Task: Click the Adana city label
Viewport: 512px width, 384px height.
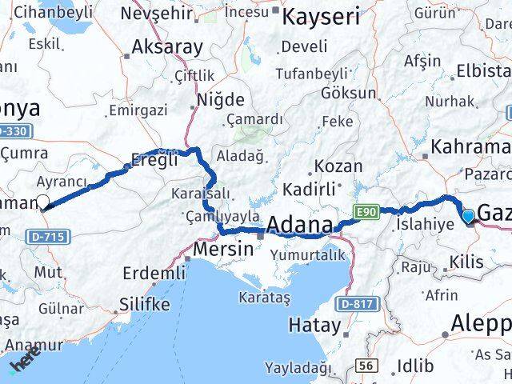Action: tap(299, 226)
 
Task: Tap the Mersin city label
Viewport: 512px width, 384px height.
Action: tap(223, 249)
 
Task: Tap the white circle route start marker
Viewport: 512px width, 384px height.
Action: tap(42, 202)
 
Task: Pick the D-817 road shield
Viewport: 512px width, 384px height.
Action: tap(354, 304)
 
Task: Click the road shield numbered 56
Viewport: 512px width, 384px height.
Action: tap(367, 364)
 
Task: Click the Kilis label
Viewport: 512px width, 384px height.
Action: tap(467, 262)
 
